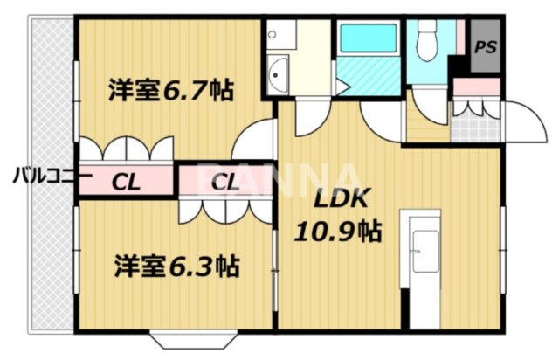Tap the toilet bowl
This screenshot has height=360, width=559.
pos(428,39)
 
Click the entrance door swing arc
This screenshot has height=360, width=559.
pos(521,120)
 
